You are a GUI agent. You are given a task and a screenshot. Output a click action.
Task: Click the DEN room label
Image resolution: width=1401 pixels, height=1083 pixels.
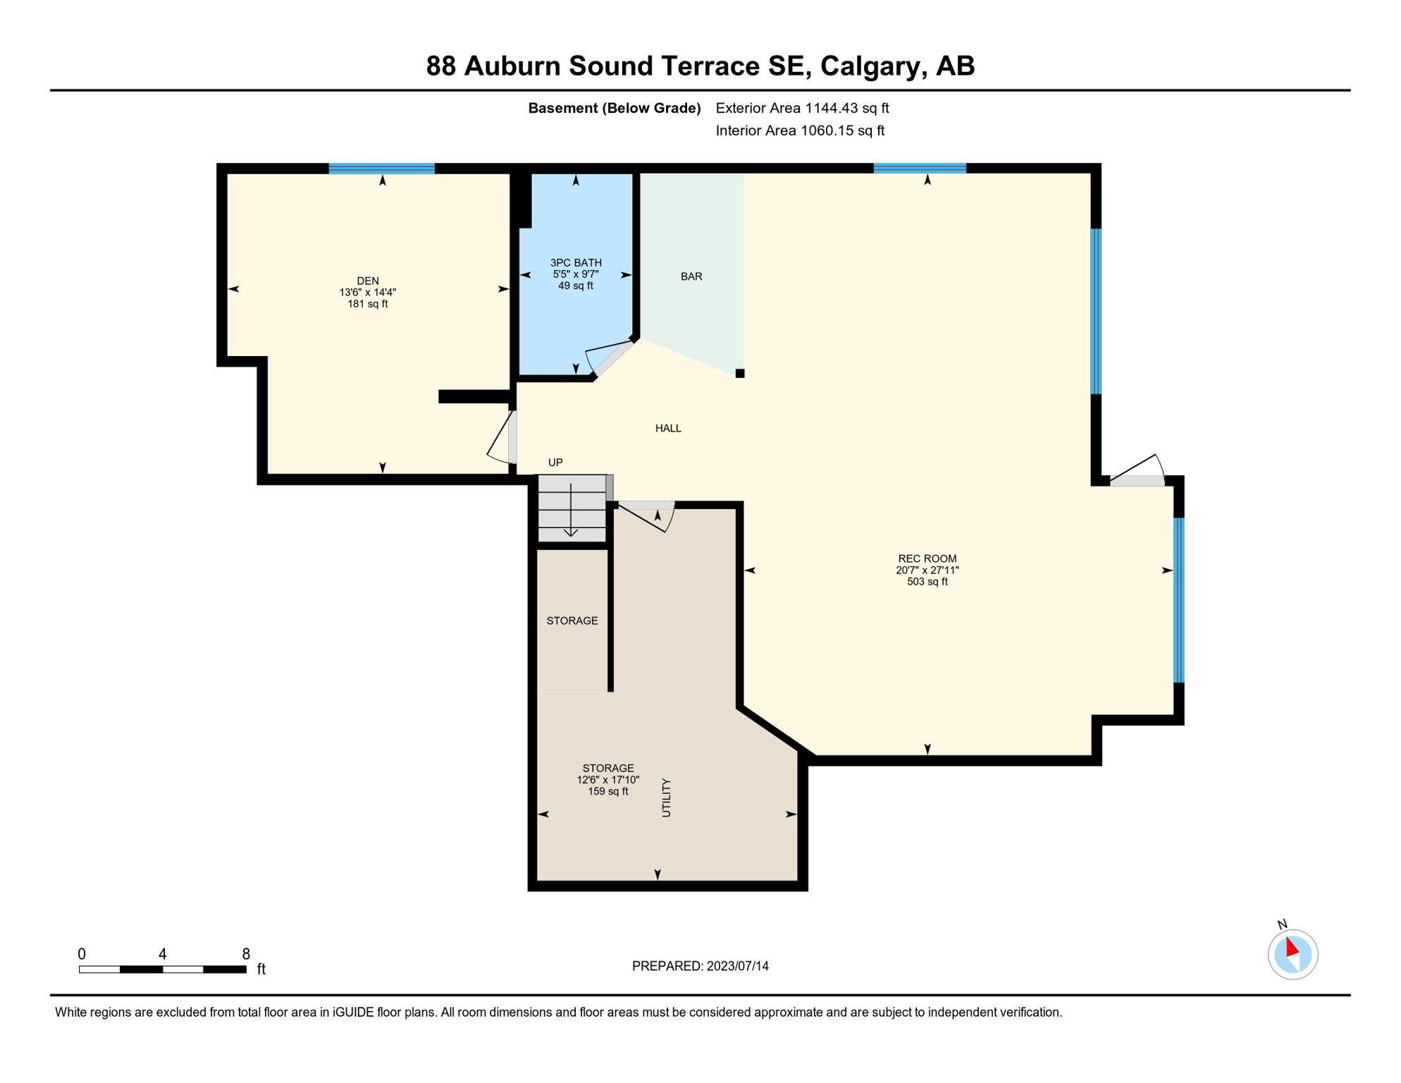(367, 281)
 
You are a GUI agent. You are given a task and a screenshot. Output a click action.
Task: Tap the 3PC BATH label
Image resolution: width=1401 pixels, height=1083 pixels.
(576, 262)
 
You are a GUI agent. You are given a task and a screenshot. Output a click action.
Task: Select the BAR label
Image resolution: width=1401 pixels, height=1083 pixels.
(691, 276)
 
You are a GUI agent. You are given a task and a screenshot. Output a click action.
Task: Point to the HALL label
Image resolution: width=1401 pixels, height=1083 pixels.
(668, 428)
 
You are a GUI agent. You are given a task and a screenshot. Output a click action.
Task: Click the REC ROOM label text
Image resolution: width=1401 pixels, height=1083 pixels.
(927, 558)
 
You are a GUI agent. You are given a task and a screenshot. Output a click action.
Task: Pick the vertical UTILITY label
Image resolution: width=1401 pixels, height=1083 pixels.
(666, 797)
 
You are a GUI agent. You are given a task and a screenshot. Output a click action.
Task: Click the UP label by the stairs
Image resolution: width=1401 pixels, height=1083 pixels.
(555, 463)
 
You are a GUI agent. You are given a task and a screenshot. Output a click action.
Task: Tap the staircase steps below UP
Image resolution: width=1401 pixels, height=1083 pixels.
(572, 508)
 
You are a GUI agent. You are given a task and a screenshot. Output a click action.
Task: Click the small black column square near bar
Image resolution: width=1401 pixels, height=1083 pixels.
(740, 374)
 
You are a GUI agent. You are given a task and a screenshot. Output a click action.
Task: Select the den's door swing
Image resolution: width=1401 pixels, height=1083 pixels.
(502, 439)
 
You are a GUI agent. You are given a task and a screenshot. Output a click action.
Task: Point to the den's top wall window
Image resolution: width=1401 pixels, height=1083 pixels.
(381, 169)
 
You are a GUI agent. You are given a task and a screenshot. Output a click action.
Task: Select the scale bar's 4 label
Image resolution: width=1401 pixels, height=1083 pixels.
(162, 954)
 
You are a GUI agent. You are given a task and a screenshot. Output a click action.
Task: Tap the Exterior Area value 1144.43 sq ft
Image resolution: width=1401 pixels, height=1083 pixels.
(846, 108)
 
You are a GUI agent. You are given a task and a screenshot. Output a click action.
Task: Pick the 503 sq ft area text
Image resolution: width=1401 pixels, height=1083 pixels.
(927, 582)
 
